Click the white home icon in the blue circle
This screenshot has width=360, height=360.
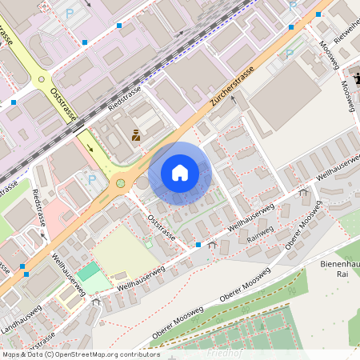(180, 173)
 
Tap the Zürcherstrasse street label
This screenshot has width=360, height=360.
(232, 88)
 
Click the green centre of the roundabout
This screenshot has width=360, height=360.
(121, 183)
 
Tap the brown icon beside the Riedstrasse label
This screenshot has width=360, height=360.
(136, 135)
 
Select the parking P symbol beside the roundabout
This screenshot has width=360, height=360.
(92, 179)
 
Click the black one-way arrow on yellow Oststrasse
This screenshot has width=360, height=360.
(89, 147)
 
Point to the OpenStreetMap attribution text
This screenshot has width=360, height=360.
(80, 354)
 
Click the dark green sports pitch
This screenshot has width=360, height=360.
(89, 271)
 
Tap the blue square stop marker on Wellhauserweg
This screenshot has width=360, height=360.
(198, 245)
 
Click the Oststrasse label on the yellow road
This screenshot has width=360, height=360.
(63, 105)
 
